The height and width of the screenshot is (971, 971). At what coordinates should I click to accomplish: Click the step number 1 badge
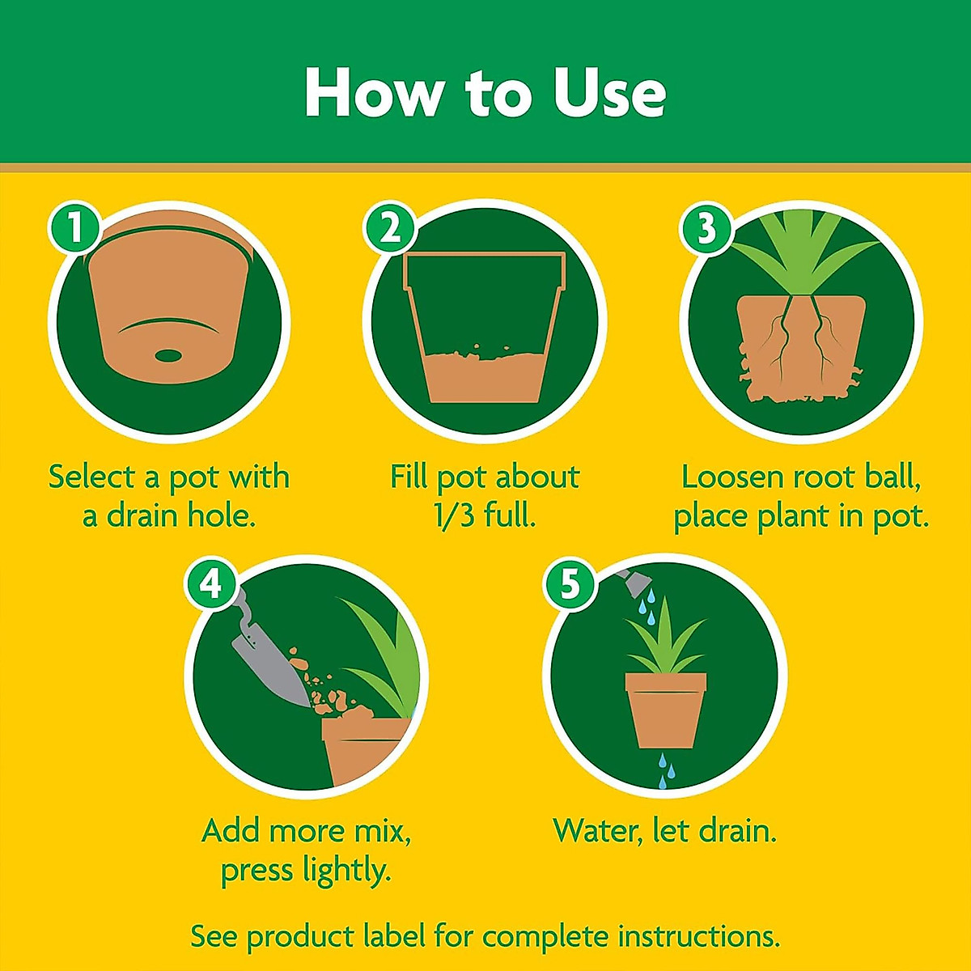coord(74,228)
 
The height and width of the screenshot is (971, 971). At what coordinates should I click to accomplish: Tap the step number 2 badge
coord(390,228)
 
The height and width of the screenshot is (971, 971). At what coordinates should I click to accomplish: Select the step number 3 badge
coord(706,228)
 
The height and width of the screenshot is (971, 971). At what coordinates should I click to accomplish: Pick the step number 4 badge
coord(211,583)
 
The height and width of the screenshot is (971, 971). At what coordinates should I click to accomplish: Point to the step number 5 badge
coord(570,583)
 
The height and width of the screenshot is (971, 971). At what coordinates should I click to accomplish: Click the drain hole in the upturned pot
coord(168,354)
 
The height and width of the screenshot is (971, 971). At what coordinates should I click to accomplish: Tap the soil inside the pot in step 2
coord(484,376)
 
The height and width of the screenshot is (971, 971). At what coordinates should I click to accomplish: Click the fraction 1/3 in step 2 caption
coord(455,515)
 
